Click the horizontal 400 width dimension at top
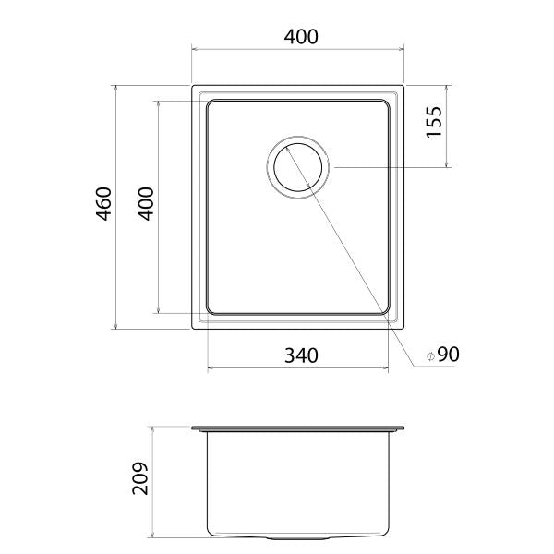coord(301,38)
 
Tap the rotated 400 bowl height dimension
coord(145,205)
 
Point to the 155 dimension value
coord(435,122)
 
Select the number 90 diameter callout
coord(448,355)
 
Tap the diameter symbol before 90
coord(430,355)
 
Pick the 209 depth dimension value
coord(139,478)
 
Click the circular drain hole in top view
coord(297,167)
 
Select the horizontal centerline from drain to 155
coord(388,167)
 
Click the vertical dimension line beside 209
coord(153,480)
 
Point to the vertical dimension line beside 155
coord(447,126)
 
